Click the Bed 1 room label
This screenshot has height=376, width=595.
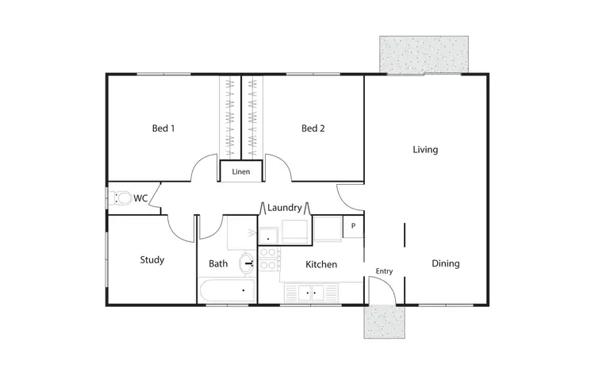pos(163,129)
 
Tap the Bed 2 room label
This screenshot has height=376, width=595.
pos(313,129)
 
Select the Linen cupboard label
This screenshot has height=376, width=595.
pos(240,171)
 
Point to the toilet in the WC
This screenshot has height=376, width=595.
pos(121,198)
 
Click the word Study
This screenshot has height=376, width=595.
pos(152,259)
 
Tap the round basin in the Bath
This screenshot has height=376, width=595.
pos(248,261)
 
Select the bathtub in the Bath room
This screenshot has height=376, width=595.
pos(227,292)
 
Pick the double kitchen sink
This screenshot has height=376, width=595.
pos(309,292)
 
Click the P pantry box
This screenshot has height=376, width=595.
pos(353,226)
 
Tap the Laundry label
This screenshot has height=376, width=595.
pos(284,208)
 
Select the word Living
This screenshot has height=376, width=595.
pos(425,149)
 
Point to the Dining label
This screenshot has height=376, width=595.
pos(446,264)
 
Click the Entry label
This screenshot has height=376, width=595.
pos(384,271)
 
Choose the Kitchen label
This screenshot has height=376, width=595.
pos(321,264)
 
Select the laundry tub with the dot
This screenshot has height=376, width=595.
pos(269,235)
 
